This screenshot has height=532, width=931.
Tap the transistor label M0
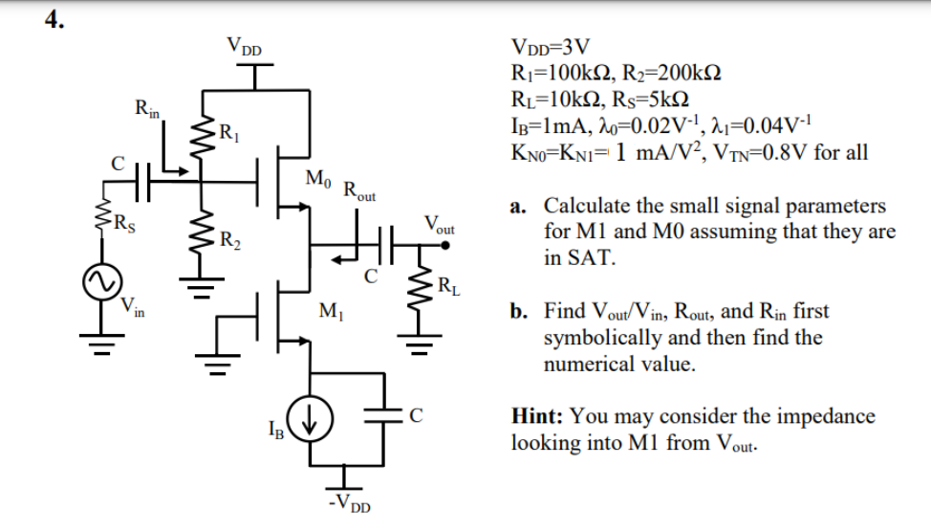[x=318, y=177]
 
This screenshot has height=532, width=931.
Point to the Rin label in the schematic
[x=147, y=108]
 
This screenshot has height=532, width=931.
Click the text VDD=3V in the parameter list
[x=552, y=47]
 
